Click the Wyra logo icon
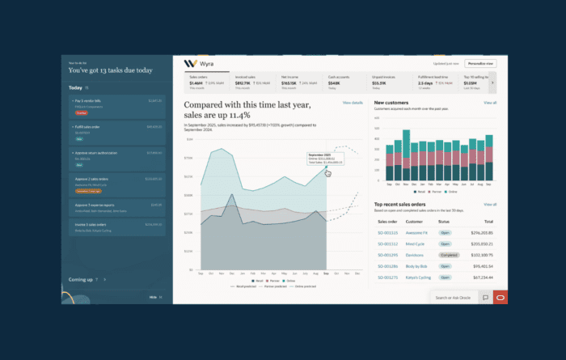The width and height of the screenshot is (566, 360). [x=190, y=62]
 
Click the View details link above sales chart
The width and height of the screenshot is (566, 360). [x=353, y=104]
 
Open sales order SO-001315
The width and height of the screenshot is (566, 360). [x=387, y=232]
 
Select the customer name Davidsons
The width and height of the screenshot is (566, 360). [x=417, y=254]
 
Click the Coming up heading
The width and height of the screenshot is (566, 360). [x=81, y=279]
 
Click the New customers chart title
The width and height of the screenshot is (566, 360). [x=392, y=104]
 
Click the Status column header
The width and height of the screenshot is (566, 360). [x=444, y=220]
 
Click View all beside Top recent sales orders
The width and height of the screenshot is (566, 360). [x=489, y=205]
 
